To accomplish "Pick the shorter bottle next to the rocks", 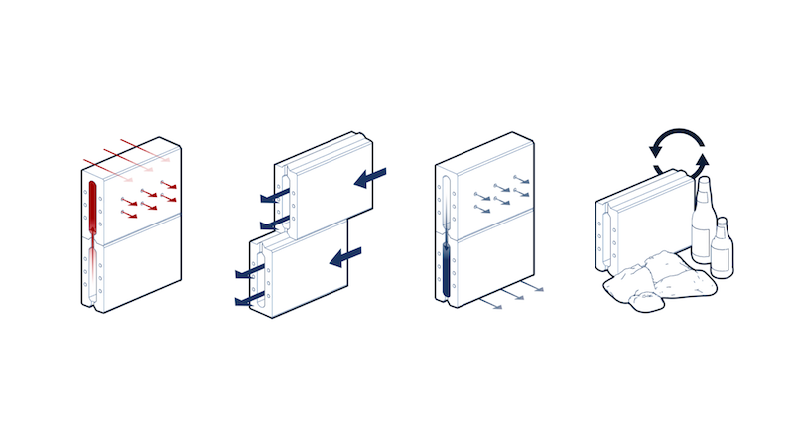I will [x=722, y=253].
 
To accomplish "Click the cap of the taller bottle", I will [x=704, y=182].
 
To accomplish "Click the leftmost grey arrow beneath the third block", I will [x=491, y=303].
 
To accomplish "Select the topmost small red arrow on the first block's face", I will [x=170, y=185].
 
